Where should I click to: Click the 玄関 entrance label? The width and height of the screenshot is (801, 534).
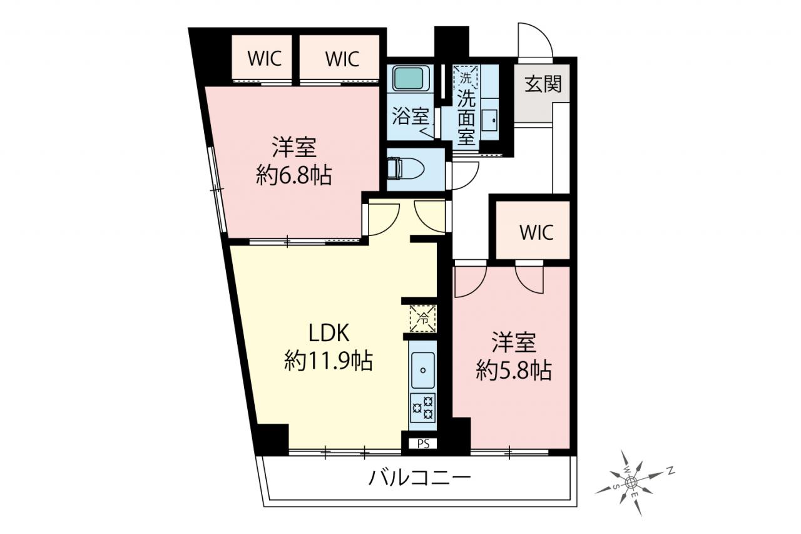pos(543,84)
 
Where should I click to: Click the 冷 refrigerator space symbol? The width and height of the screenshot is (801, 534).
pos(423,318)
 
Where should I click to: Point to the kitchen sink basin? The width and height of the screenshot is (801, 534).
pos(423,370)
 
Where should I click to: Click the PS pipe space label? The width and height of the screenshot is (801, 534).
pos(424,444)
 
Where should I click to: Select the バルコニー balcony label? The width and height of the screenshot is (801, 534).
pos(420,478)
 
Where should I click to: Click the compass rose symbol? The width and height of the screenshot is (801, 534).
pos(632,483)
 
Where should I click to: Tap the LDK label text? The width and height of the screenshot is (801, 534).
pos(329,334)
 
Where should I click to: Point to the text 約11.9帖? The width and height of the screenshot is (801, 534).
pos(329,361)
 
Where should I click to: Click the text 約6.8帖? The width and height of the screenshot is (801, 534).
pos(294,175)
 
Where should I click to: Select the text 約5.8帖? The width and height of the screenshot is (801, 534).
pos(514,370)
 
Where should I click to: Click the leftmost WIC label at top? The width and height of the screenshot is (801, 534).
pos(265,58)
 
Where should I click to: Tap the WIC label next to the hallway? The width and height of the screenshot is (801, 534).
pos(537,232)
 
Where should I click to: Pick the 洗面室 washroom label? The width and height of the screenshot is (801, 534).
pos(467,117)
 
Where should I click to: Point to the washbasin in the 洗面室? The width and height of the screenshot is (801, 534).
pos(489,121)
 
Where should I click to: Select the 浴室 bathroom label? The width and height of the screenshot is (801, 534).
pos(410,116)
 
